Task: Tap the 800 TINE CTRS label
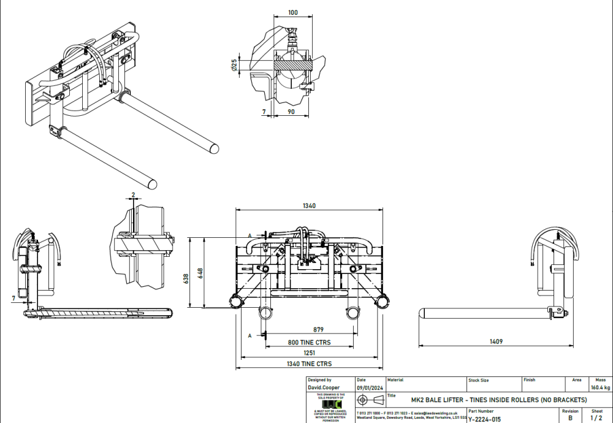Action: point(310,342)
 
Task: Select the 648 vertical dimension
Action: point(200,272)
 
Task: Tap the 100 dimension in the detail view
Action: point(292,12)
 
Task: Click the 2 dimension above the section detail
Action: point(133,194)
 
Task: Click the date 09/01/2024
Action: point(369,387)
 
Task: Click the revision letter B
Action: point(570,418)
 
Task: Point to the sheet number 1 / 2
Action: point(596,418)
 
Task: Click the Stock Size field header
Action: point(479,380)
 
